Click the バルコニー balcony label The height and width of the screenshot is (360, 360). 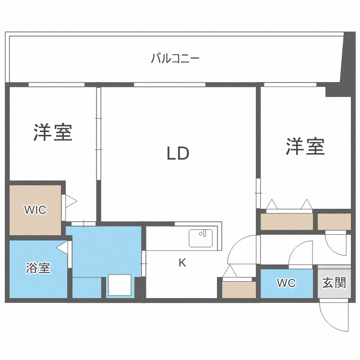click(175, 59)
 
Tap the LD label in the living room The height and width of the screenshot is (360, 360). click(178, 154)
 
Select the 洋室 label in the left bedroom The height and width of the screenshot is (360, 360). click(53, 132)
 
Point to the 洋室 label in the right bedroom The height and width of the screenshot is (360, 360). click(305, 146)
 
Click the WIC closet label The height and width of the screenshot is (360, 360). click(36, 210)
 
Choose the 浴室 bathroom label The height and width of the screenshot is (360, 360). click(38, 268)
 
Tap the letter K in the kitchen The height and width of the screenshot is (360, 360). click(182, 263)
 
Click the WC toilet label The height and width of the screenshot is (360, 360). click(286, 283)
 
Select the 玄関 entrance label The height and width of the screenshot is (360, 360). click(334, 282)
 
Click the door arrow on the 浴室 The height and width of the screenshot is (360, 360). click(62, 247)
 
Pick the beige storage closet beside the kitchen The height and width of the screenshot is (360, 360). click(239, 289)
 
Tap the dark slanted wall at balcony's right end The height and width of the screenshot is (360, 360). click(347, 60)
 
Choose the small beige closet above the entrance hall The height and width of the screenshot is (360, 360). click(334, 221)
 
